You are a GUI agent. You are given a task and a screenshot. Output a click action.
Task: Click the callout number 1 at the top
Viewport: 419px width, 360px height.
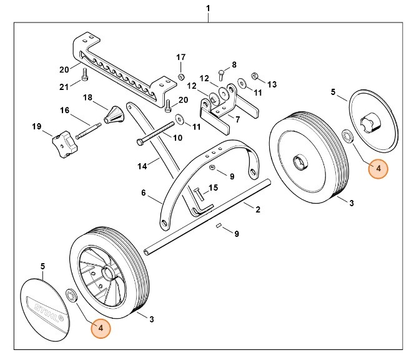pos(208,9)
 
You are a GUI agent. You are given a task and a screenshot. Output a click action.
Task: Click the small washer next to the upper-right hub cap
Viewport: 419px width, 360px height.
pos(347,135)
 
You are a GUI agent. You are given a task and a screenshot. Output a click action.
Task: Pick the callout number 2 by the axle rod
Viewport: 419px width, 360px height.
pos(258,210)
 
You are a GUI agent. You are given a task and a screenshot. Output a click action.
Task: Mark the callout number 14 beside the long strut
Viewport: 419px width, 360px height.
pos(142,166)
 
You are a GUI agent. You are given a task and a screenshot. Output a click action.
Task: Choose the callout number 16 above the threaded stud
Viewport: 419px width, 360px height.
pos(64,111)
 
